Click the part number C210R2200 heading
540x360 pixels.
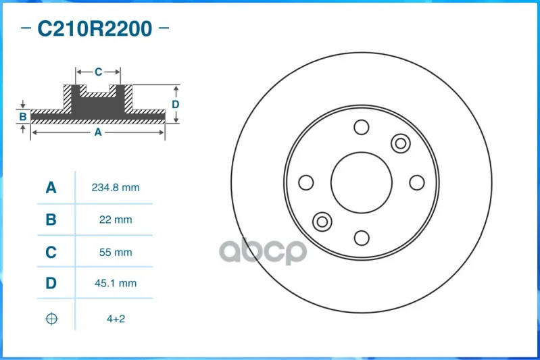coord(95,28)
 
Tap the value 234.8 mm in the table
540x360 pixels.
coord(116,188)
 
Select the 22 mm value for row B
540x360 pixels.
coord(116,220)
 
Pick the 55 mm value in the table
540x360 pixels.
coord(116,253)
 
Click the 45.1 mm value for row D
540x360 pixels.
coord(116,283)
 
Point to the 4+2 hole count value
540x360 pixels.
coord(116,319)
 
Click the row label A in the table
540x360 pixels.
coord(51,188)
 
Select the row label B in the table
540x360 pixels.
coord(51,220)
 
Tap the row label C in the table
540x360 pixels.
coord(51,253)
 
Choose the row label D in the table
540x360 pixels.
coord(51,283)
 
